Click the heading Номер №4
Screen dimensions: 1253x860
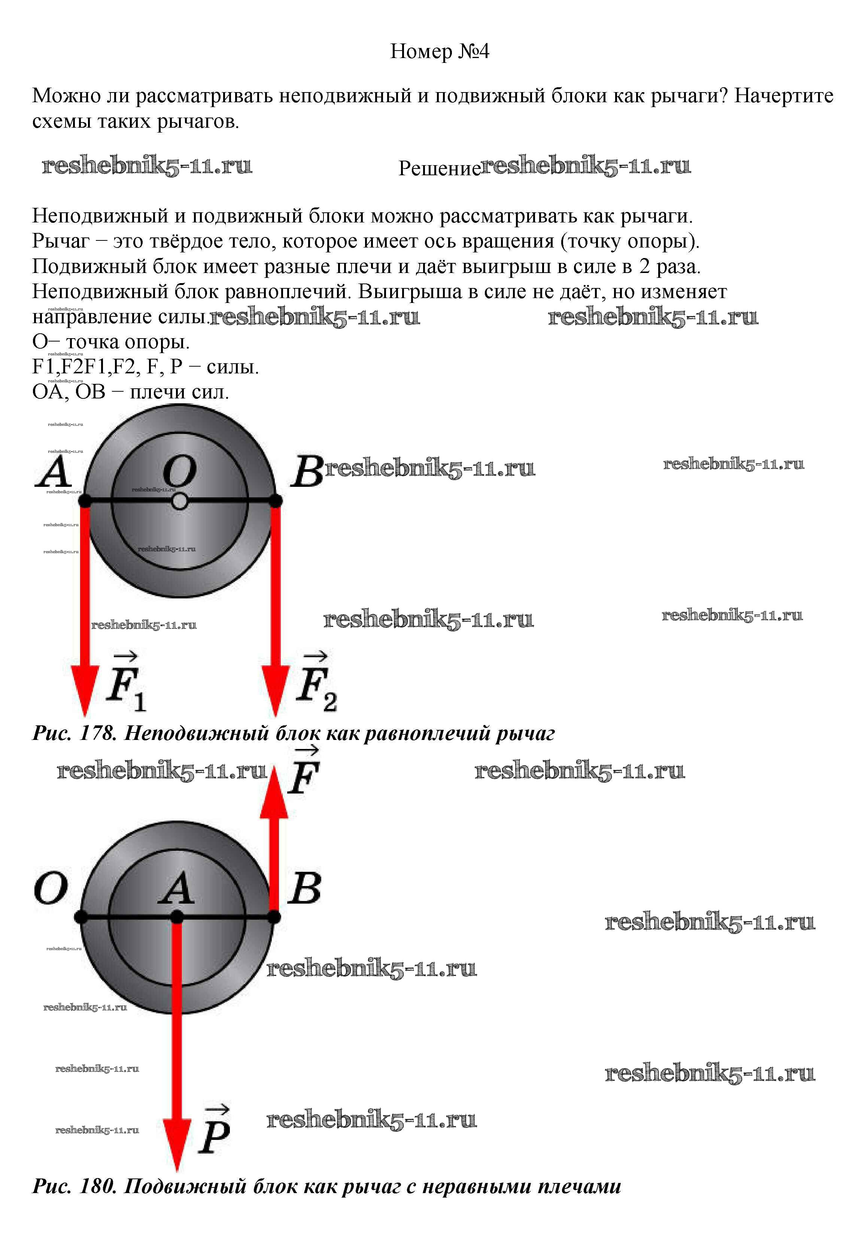tap(440, 52)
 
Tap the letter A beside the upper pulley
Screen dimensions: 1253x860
tap(54, 472)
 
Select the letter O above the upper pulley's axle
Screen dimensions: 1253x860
tap(180, 472)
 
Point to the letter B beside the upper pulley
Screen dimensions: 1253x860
tap(307, 472)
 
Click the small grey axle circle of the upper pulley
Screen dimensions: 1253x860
tap(180, 501)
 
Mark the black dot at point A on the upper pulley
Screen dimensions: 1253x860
tap(85, 501)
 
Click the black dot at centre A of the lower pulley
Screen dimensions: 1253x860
tap(177, 917)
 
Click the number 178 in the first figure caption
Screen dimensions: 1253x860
tap(97, 733)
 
